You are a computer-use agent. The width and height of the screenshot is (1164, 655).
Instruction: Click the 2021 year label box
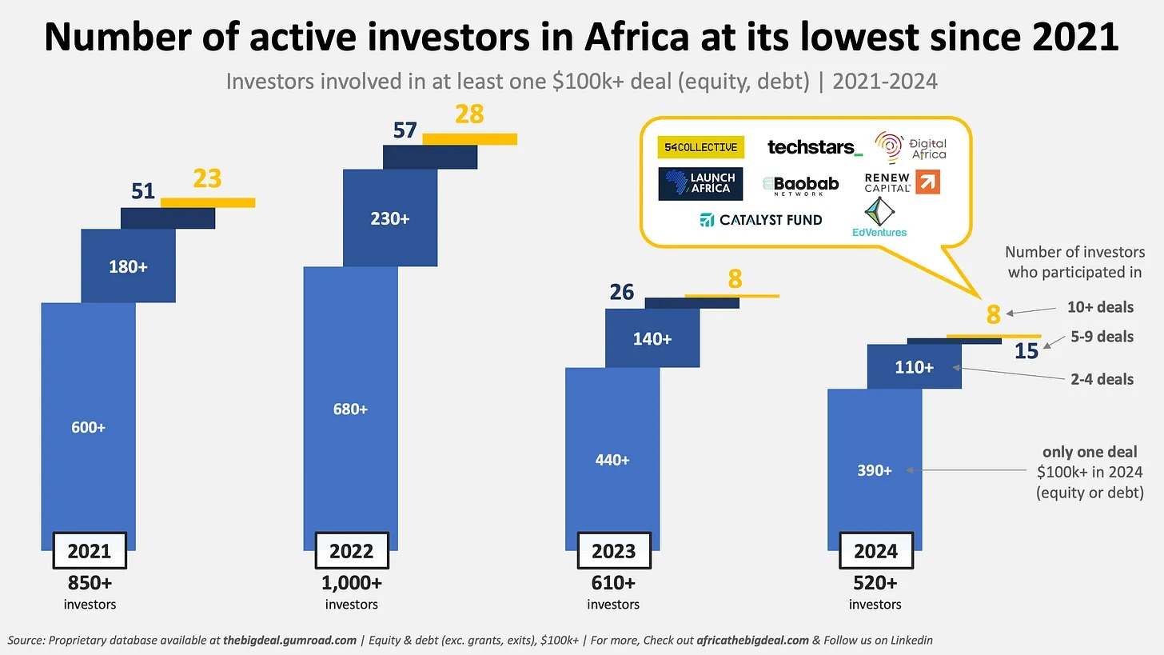coord(89,551)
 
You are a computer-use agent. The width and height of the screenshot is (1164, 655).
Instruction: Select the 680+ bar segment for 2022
coord(350,409)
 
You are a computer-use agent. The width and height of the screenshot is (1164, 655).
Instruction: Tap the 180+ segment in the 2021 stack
coord(128,266)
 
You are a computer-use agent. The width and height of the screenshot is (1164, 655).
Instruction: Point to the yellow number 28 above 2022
coord(469,114)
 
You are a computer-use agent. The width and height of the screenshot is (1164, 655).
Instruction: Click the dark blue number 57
coord(405,130)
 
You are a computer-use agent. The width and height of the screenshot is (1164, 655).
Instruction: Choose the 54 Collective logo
coord(700,147)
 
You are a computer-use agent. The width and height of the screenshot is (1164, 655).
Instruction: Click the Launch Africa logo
coord(700,183)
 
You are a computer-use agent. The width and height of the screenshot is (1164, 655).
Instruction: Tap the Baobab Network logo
coord(801,186)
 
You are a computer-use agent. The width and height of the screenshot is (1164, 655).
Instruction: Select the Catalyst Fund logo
coord(760,220)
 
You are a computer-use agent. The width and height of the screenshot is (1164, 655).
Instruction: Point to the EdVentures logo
coord(879,218)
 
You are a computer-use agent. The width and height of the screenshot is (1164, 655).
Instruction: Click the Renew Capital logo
coord(902,183)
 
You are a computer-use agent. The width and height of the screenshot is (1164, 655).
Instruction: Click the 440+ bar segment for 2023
coord(612,460)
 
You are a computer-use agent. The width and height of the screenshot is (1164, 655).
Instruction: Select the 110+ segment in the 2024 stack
coord(914,367)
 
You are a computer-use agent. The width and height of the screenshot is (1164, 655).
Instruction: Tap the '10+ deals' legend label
coord(1100,307)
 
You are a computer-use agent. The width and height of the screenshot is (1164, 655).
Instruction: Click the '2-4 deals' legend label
coord(1102,379)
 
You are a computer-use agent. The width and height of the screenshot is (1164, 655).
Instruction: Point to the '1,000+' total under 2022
coord(351,583)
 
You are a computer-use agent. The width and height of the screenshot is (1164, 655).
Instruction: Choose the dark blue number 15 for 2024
coord(1026,351)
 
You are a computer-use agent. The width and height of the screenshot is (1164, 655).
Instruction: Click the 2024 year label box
coord(875,551)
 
